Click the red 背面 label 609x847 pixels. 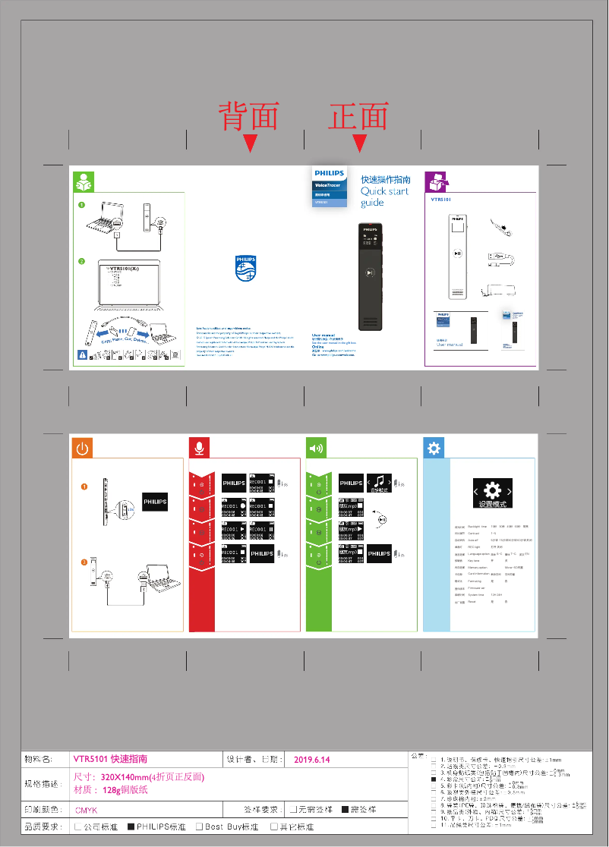[x=249, y=117]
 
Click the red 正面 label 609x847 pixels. [x=358, y=117]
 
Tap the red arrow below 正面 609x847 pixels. [x=360, y=143]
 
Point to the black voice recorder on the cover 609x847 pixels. [x=370, y=276]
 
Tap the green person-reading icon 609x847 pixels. [x=84, y=182]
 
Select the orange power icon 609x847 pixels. [x=82, y=448]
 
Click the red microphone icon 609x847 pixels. [x=199, y=448]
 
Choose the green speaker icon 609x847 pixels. [x=316, y=448]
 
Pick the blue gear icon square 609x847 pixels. [x=434, y=448]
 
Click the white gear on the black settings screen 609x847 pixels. [x=492, y=490]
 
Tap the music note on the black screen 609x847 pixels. [x=379, y=481]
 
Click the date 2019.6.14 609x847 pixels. [x=312, y=759]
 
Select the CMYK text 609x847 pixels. [x=86, y=810]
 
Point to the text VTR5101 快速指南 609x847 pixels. [x=110, y=759]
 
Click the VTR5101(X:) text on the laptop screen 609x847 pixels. [x=126, y=269]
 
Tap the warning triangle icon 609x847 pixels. [x=81, y=354]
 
